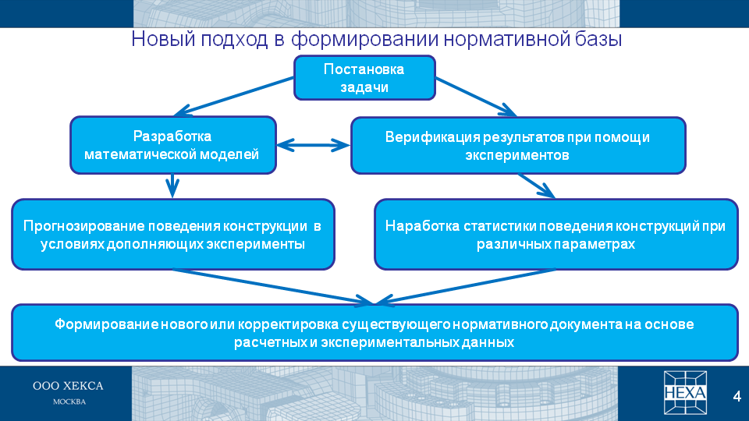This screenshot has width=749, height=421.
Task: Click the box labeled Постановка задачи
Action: (x=364, y=78)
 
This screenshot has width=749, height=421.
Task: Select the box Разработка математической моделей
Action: (x=173, y=145)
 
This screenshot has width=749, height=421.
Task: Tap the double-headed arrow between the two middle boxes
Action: (x=314, y=145)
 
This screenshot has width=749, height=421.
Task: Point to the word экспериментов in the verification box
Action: (x=517, y=155)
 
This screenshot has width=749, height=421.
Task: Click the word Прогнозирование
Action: (x=83, y=226)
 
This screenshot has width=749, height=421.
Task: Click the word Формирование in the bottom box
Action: (x=107, y=324)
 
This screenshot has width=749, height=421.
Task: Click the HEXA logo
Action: (x=685, y=393)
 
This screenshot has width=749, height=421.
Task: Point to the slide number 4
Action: (x=737, y=396)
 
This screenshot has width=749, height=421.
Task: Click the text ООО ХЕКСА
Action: (x=68, y=386)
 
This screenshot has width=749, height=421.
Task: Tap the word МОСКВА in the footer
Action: (x=69, y=402)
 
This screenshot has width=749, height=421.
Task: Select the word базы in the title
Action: (x=598, y=39)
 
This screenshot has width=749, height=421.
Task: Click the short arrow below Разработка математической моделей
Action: (x=172, y=186)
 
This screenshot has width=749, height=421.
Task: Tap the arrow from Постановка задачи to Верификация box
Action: (x=476, y=97)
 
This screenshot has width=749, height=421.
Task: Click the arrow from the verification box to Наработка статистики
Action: (x=537, y=186)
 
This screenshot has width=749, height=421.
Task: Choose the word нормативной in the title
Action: (x=506, y=39)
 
